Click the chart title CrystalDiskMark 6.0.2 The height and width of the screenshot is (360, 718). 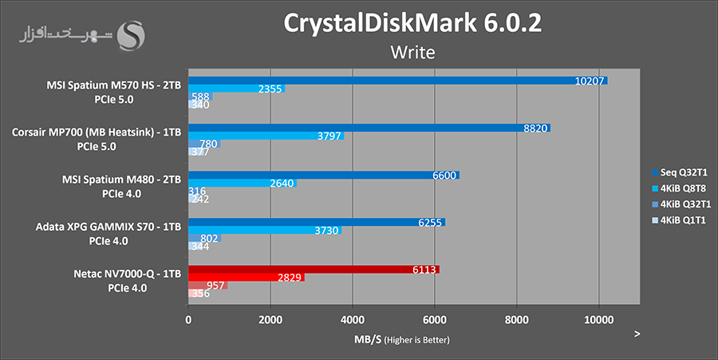412,23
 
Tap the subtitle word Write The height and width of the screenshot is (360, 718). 412,53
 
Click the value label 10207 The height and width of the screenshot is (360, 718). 590,81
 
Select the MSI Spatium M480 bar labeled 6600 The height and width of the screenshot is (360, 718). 323,175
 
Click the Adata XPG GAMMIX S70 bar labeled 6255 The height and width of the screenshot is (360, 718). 316,222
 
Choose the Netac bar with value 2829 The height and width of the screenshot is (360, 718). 246,278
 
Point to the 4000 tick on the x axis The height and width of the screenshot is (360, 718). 353,319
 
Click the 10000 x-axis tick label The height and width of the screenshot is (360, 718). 598,319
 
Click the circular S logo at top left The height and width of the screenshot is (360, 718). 132,34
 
